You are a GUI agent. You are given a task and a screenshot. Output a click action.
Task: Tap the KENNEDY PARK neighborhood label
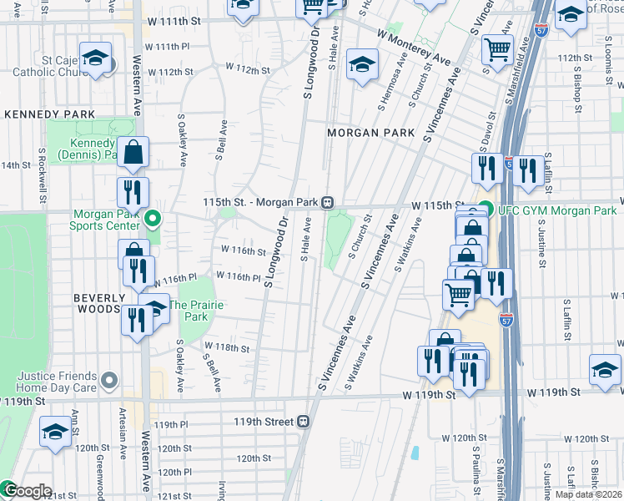38,114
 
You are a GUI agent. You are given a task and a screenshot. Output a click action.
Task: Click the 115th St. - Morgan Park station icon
329,203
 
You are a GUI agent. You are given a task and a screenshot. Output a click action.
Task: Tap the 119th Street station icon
304,422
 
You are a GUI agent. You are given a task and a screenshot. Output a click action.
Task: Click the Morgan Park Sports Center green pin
152,220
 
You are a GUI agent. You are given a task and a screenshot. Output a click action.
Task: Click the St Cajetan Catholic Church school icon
95,59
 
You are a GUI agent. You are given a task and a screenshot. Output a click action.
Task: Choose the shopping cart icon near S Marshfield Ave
497,49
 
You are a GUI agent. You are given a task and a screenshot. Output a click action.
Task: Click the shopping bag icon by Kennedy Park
133,154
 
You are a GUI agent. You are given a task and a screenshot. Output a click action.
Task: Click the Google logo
27,491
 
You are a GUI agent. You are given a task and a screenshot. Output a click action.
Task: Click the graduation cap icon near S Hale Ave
362,65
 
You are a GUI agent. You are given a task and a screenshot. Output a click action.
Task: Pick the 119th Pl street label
165,425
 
